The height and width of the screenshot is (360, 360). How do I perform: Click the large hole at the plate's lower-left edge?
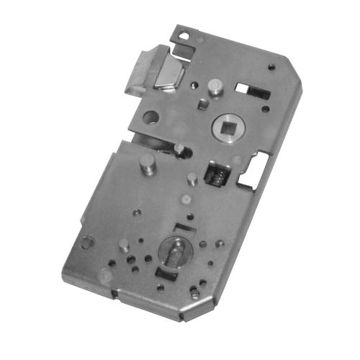tap(86, 242)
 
